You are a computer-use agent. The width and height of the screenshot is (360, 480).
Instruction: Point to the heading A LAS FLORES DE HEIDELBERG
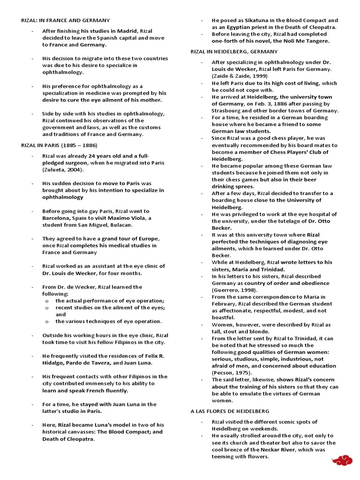[230, 411]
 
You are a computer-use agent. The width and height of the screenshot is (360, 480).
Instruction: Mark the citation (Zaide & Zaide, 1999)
[239, 75]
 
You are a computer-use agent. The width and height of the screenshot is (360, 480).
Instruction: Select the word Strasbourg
[229, 111]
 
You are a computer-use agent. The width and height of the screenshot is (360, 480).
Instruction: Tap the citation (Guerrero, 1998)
[235, 290]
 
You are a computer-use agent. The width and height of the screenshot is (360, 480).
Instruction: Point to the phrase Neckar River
[271, 450]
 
